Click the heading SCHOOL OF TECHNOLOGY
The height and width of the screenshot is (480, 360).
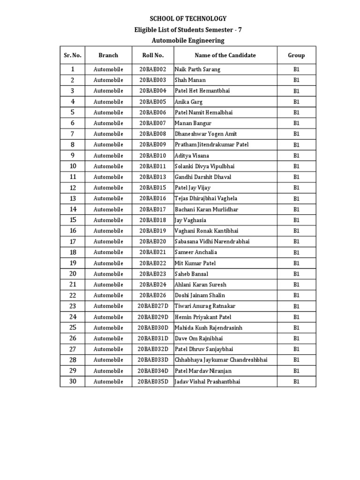pyautogui.click(x=187, y=19)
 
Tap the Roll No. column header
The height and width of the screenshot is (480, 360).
pyautogui.click(x=153, y=55)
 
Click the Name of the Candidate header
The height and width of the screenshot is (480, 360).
pyautogui.click(x=225, y=55)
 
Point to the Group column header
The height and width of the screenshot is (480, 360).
pyautogui.click(x=296, y=55)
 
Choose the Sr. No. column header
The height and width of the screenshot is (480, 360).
pyautogui.click(x=72, y=55)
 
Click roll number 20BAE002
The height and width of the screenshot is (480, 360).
pyautogui.click(x=153, y=69)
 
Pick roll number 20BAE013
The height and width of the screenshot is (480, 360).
pyautogui.click(x=153, y=177)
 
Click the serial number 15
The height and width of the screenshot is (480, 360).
pyautogui.click(x=73, y=220)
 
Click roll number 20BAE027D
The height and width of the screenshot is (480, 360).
pyautogui.click(x=153, y=307)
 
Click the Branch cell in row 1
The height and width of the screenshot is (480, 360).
pyautogui.click(x=108, y=69)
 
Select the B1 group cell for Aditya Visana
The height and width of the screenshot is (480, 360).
pyautogui.click(x=296, y=156)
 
